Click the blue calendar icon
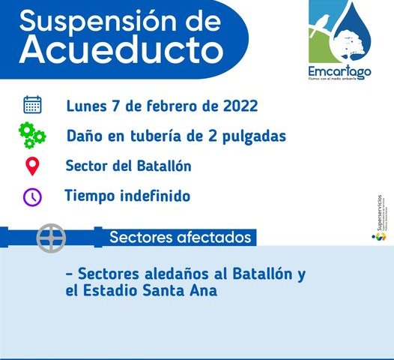[32, 104]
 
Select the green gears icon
[32, 136]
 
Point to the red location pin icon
[32, 166]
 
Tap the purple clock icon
[32, 196]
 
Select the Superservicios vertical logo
[380, 217]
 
